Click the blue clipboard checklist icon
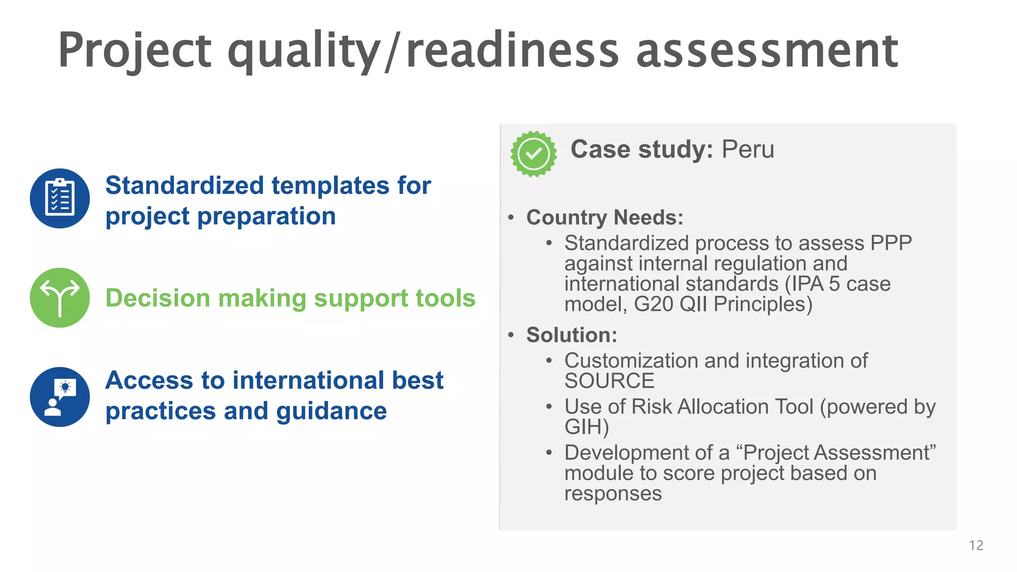[x=60, y=199]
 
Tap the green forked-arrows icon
[x=60, y=298]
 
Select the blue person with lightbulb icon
[x=60, y=397]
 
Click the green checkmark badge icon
[x=534, y=154]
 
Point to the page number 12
[x=976, y=546]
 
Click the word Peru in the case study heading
[x=747, y=149]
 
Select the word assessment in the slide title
[x=767, y=51]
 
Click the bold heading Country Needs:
[x=605, y=217]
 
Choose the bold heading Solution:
[x=572, y=335]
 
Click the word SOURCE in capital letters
[x=609, y=381]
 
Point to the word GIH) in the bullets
[x=586, y=427]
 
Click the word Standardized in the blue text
[x=184, y=186]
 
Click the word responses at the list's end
[x=613, y=494]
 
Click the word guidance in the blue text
[x=331, y=412]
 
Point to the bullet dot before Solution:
[x=511, y=335]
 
